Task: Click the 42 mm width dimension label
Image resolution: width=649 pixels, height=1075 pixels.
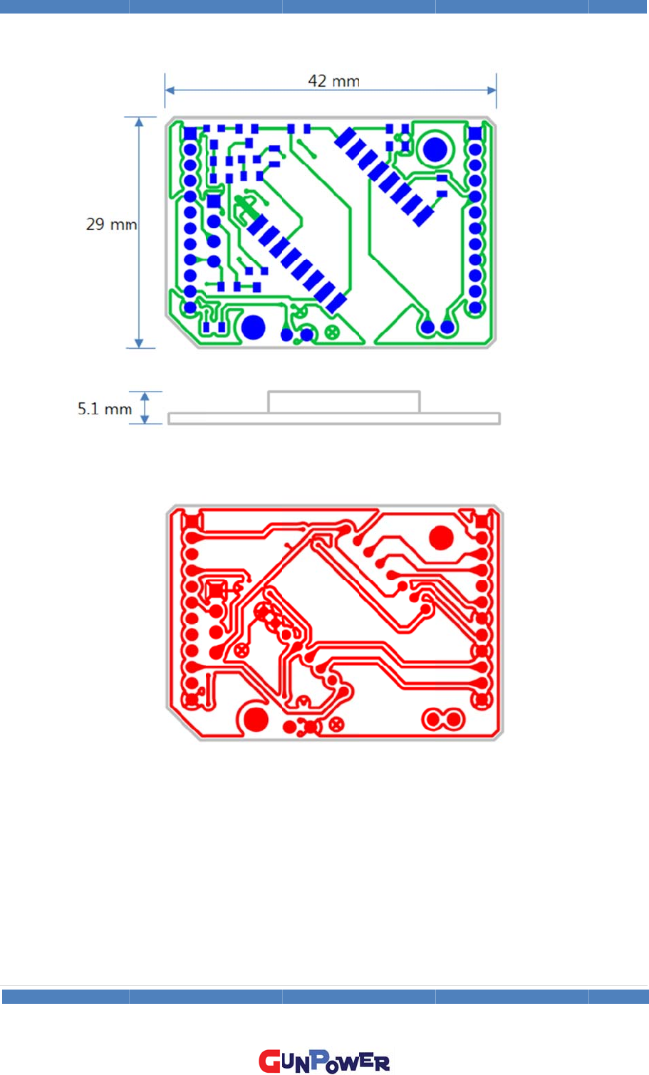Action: coord(334,80)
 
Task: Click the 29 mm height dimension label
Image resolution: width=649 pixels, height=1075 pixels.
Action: coord(111,224)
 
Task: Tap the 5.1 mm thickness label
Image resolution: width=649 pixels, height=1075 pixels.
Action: coord(105,409)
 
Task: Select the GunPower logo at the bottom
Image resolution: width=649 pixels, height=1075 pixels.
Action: coord(324,1061)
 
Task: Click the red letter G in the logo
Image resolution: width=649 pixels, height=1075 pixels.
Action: coord(269,1061)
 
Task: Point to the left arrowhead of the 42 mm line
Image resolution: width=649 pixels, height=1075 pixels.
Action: coord(170,90)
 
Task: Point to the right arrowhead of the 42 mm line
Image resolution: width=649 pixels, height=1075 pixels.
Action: coord(492,90)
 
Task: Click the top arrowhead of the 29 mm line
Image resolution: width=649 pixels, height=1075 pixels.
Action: coord(139,122)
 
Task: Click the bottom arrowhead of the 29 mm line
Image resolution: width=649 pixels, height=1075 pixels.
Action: coord(139,342)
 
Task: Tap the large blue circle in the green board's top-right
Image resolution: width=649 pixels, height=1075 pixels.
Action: coord(435,149)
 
